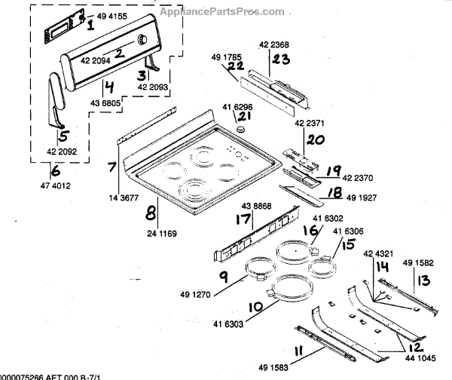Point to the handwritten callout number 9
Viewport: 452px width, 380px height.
pyautogui.click(x=224, y=276)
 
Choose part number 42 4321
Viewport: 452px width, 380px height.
pyautogui.click(x=377, y=254)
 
